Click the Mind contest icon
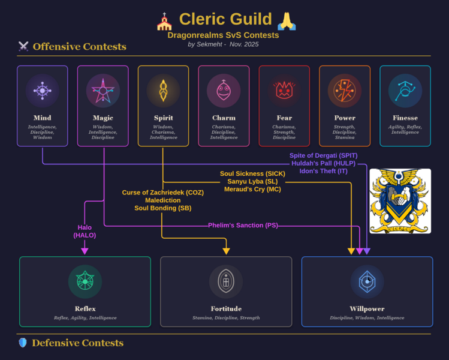pyautogui.click(x=42, y=91)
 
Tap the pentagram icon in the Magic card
pyautogui.click(x=103, y=91)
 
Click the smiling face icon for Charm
pyautogui.click(x=224, y=91)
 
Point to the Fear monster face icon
pyautogui.click(x=284, y=91)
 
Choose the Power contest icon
pyautogui.click(x=345, y=91)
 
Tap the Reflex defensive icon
pyautogui.click(x=85, y=281)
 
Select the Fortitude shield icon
pyautogui.click(x=226, y=281)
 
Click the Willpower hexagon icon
pyautogui.click(x=367, y=281)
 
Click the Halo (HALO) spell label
pyautogui.click(x=85, y=231)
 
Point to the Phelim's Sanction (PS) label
pyautogui.click(x=243, y=225)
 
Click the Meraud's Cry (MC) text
pyautogui.click(x=252, y=189)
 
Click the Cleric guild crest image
pyautogui.click(x=400, y=201)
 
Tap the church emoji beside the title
pyautogui.click(x=164, y=21)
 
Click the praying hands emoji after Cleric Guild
pyautogui.click(x=287, y=21)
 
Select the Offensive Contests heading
pyautogui.click(x=79, y=46)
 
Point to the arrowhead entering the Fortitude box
pyautogui.click(x=226, y=251)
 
